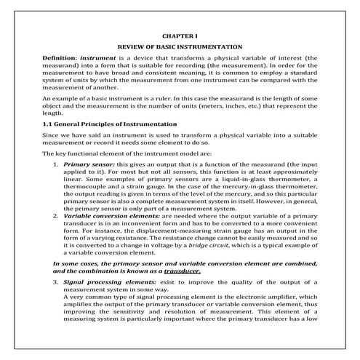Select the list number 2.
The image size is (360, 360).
coord(57,216)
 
